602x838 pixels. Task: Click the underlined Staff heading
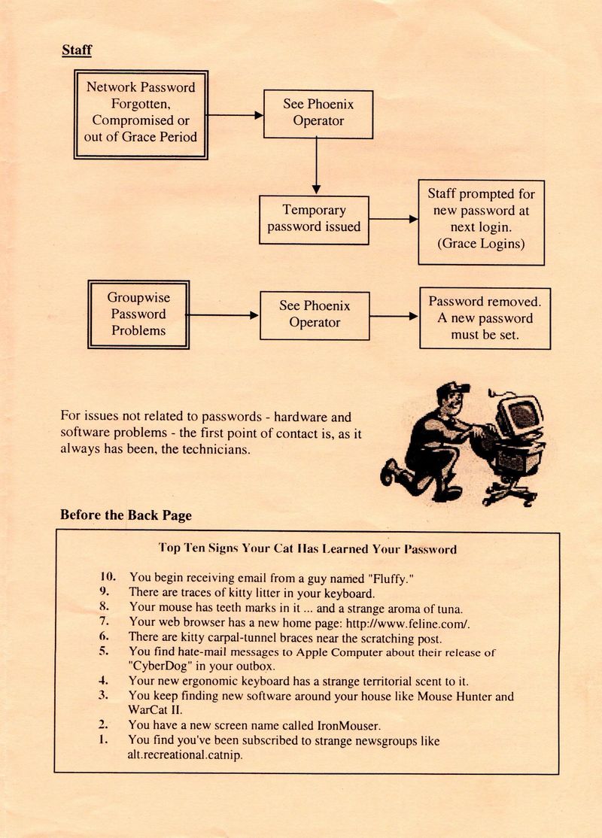coord(77,50)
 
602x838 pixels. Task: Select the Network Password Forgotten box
coord(141,115)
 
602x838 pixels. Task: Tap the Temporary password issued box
coord(314,220)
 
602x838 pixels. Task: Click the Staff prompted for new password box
coord(481,223)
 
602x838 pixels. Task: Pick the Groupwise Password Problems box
coord(138,314)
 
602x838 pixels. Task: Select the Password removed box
coord(485,318)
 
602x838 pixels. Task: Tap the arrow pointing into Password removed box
coord(394,317)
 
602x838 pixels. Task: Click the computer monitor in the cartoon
coord(518,415)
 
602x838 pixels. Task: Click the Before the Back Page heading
coord(126,515)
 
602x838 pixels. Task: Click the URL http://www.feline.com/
coord(408,623)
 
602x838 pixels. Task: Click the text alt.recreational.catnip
coord(185,755)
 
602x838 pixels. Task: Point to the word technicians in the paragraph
coord(216,449)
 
